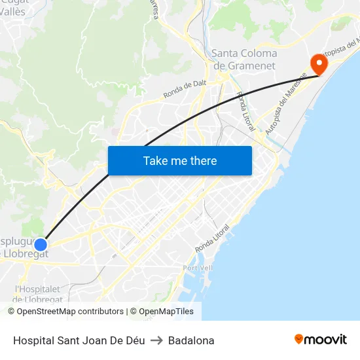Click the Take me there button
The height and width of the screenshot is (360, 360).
pyautogui.click(x=180, y=160)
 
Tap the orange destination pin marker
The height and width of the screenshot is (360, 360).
pyautogui.click(x=319, y=64)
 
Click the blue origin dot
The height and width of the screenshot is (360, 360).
pyautogui.click(x=41, y=245)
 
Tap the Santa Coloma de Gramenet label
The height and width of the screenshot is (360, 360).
pyautogui.click(x=244, y=59)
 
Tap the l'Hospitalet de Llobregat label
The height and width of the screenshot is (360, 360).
pyautogui.click(x=38, y=294)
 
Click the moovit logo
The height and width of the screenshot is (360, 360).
pyautogui.click(x=321, y=340)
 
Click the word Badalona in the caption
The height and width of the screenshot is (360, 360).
pyautogui.click(x=191, y=340)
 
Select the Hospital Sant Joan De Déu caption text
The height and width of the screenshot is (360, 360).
pyautogui.click(x=79, y=340)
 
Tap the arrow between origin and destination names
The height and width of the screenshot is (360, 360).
pyautogui.click(x=156, y=340)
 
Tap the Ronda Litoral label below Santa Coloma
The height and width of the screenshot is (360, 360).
pyautogui.click(x=246, y=111)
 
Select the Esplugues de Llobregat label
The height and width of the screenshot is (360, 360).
pyautogui.click(x=24, y=247)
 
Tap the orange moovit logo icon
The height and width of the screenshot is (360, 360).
pyautogui.click(x=299, y=339)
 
